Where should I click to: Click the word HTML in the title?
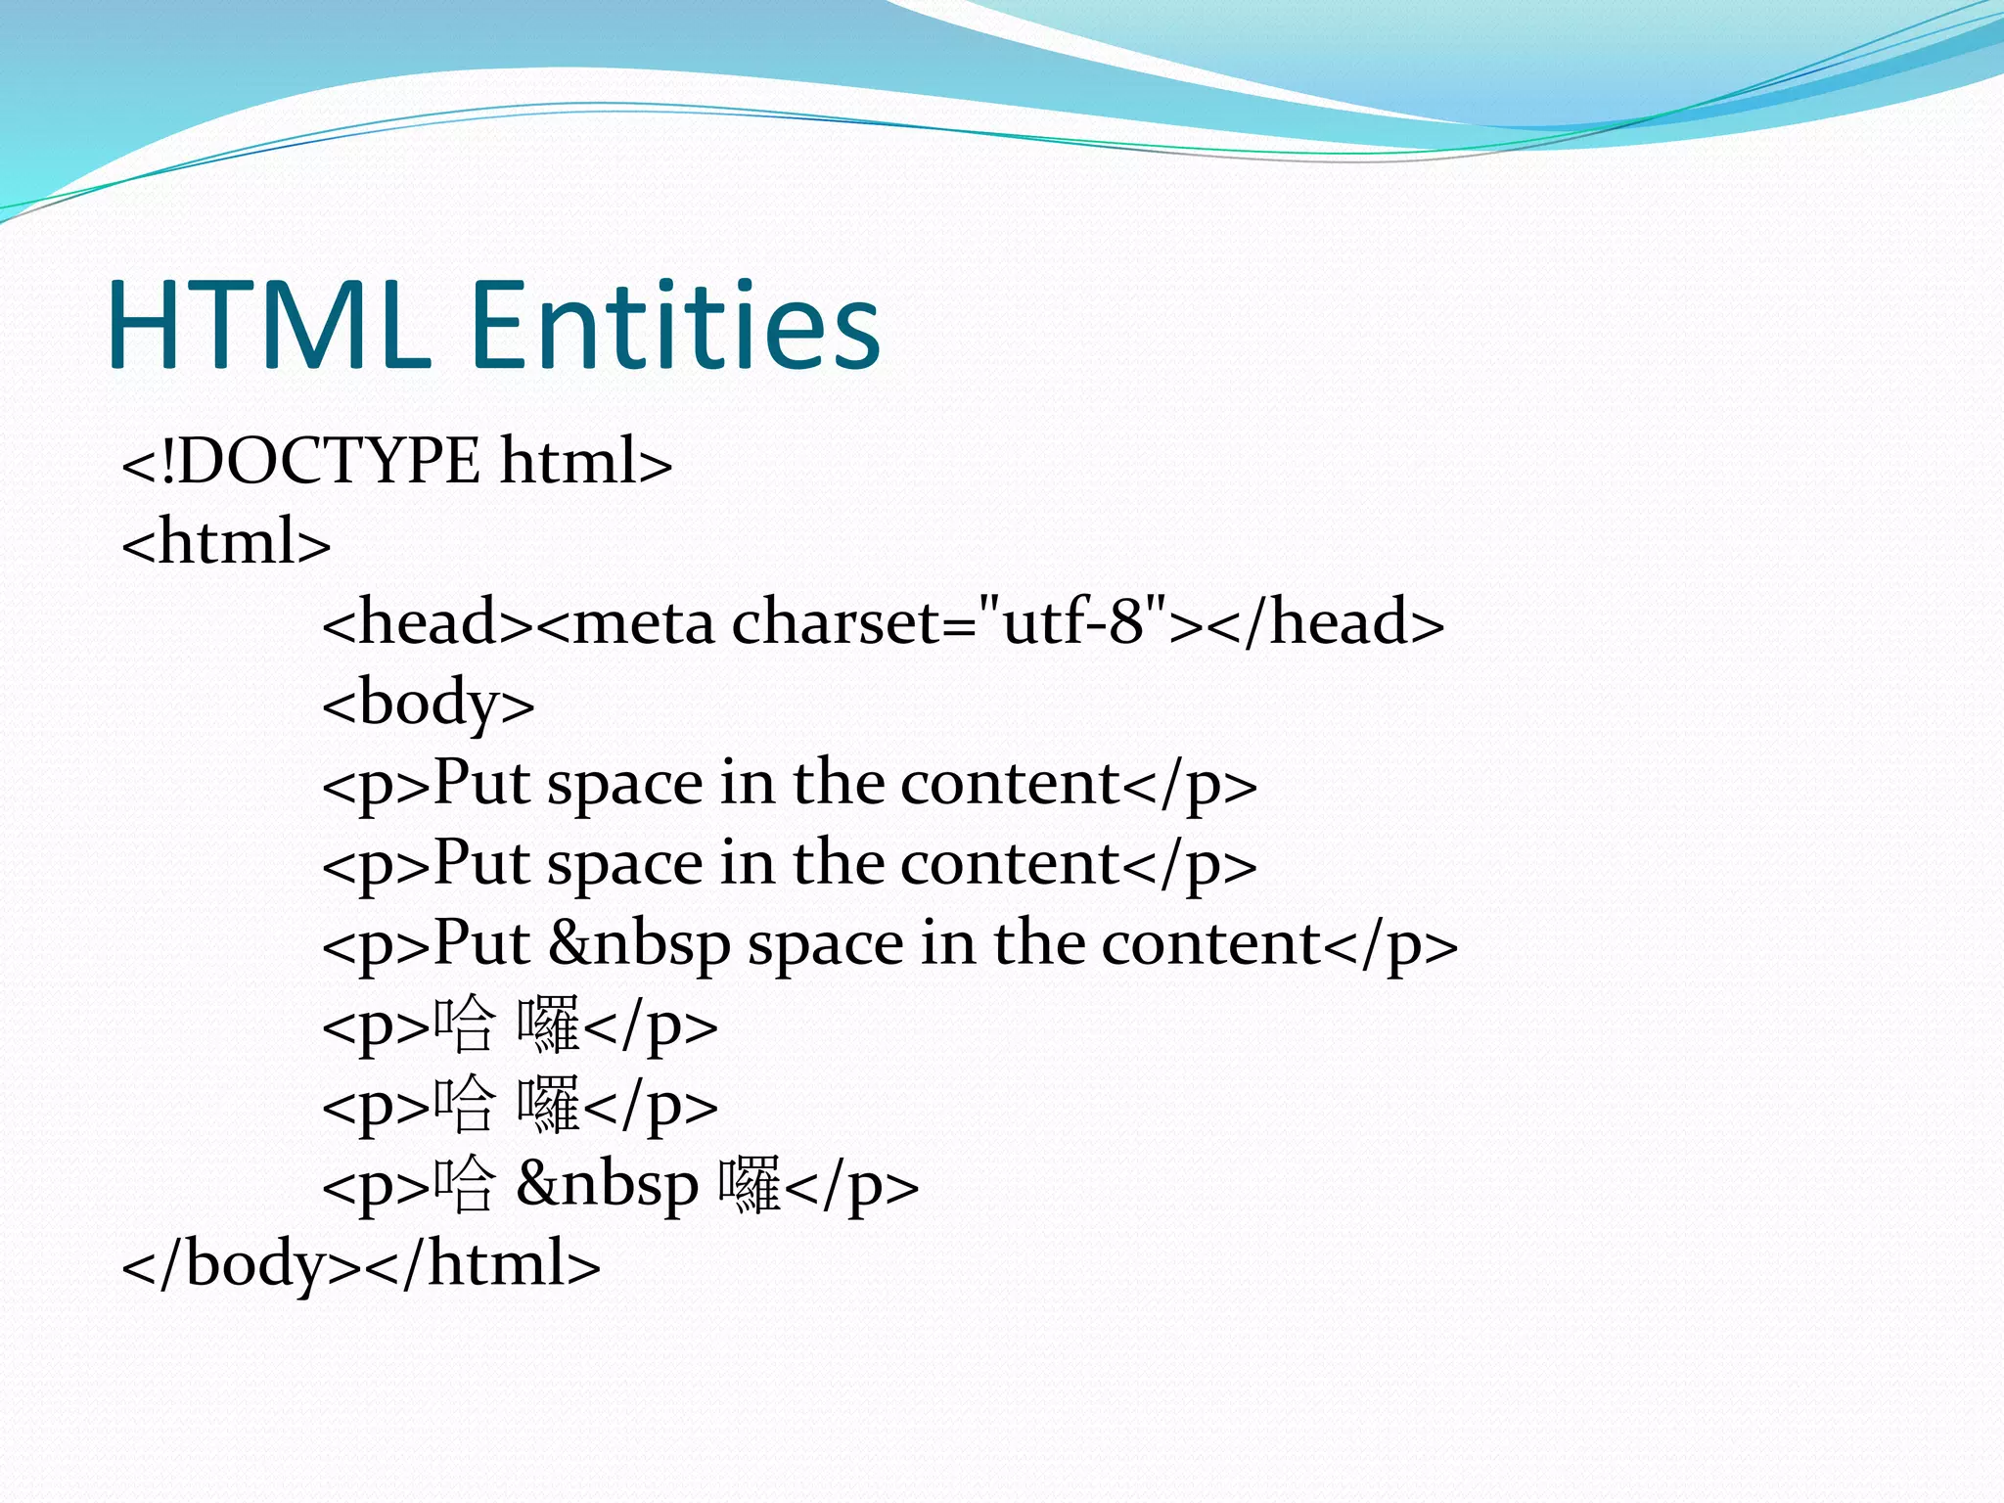[x=269, y=325]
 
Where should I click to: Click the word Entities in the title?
[x=675, y=325]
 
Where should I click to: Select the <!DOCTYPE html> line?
[x=396, y=461]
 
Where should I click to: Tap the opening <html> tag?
[x=226, y=541]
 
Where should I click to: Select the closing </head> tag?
[x=1326, y=622]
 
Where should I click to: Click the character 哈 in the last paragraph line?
[x=463, y=1185]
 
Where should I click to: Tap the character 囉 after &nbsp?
[x=750, y=1185]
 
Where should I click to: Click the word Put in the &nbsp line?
[x=480, y=943]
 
